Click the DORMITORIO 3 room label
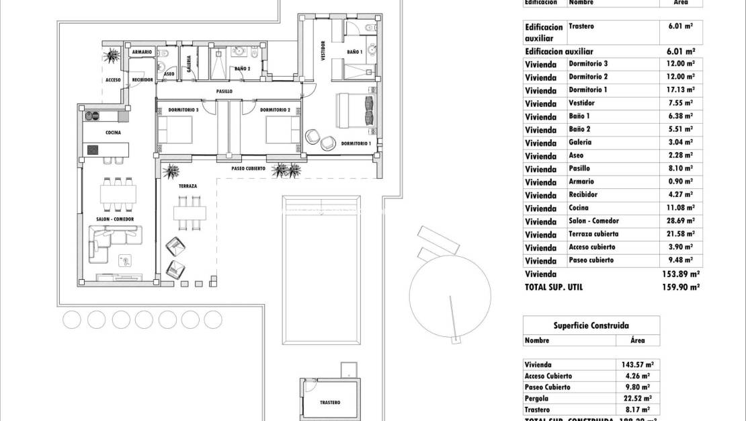(178, 110)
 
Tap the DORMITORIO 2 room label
(275, 110)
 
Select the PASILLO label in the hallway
(224, 91)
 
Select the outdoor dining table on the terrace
(190, 213)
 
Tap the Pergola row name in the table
(538, 398)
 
